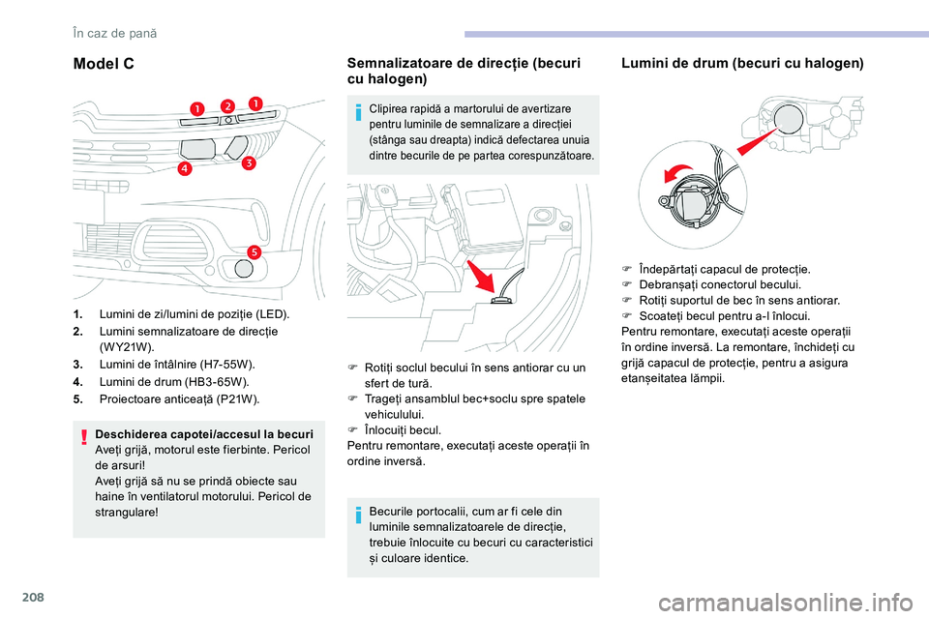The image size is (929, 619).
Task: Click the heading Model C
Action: [x=104, y=64]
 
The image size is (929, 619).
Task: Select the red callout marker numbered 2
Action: [x=228, y=105]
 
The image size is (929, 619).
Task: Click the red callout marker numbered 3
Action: [x=248, y=163]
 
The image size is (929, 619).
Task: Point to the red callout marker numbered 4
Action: [x=185, y=169]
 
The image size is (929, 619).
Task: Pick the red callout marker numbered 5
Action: [x=253, y=251]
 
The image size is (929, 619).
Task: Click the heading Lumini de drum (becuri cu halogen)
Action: [x=742, y=64]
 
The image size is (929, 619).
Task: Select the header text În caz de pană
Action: [x=114, y=33]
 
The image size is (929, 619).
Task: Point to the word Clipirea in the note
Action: [x=390, y=110]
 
